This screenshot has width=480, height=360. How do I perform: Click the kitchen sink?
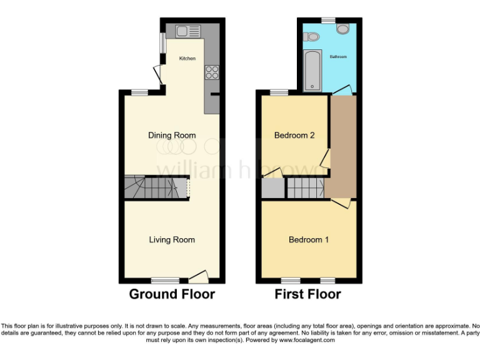[187, 31]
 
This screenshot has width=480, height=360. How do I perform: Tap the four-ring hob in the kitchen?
[211, 72]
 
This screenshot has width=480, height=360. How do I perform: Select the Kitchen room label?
[187, 59]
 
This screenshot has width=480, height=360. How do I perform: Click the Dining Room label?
[172, 135]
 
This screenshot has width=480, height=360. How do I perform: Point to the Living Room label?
[172, 239]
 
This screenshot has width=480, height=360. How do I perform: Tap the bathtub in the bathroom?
[312, 71]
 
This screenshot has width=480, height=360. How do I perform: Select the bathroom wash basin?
[311, 37]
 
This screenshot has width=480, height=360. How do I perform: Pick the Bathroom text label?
[337, 57]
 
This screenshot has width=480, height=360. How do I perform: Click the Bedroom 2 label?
[294, 135]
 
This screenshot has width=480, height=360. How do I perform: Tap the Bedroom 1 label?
[309, 239]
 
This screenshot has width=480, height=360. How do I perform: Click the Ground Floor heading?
[172, 294]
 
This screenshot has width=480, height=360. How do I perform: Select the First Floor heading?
[308, 294]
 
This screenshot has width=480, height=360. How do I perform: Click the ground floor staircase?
[156, 187]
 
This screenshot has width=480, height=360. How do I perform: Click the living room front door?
[199, 275]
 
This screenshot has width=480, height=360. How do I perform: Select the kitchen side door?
[158, 77]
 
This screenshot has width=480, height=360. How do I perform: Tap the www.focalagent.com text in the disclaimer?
[307, 341]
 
